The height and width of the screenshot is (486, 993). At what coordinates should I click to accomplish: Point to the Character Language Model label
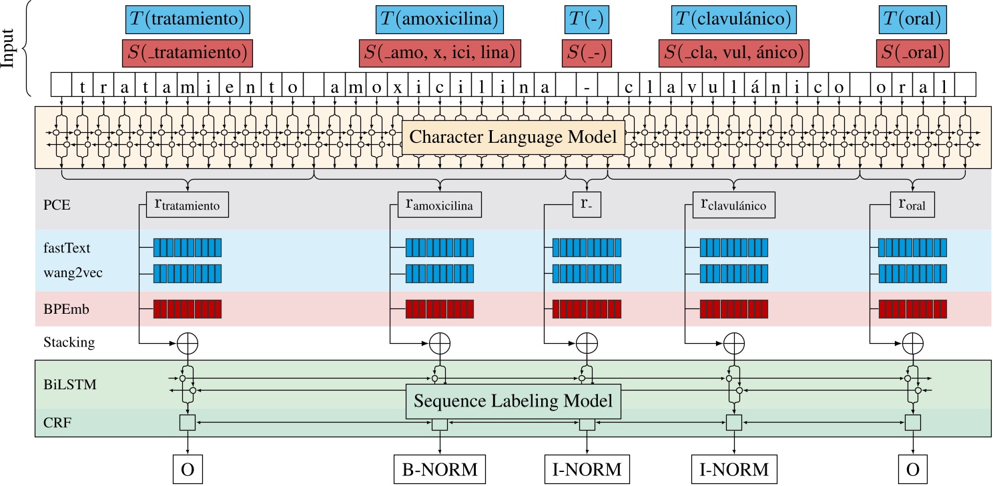tap(513, 137)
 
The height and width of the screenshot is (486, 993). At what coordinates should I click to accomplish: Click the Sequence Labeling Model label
tap(513, 402)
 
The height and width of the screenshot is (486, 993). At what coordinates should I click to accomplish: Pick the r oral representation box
tap(912, 205)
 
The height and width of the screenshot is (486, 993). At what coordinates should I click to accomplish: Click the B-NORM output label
tap(439, 469)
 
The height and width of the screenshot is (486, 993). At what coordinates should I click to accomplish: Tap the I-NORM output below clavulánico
tap(734, 469)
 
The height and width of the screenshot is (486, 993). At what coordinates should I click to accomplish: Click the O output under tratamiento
tap(188, 469)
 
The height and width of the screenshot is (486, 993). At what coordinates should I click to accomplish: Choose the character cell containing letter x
tap(397, 87)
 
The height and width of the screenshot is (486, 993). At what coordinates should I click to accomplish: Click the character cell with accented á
tap(755, 87)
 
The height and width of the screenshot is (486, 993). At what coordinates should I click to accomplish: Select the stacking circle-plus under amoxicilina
tap(439, 343)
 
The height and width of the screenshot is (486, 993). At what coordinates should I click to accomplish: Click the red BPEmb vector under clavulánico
tap(733, 309)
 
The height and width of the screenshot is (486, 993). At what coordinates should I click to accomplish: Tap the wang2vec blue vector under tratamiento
tap(188, 273)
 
